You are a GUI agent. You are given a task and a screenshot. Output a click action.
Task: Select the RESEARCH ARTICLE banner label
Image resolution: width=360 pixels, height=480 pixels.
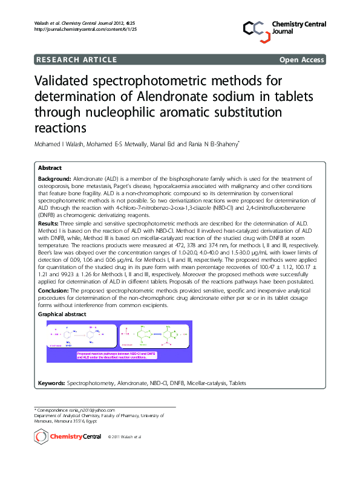point(77,59)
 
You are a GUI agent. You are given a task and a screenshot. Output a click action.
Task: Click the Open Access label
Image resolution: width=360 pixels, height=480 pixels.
point(301,59)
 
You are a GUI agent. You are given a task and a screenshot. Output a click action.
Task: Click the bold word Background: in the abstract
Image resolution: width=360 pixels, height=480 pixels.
point(54,180)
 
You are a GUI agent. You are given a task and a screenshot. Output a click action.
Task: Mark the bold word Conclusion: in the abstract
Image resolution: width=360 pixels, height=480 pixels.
point(53,291)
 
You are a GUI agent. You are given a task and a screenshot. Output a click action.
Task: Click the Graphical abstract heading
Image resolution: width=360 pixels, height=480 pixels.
point(62,314)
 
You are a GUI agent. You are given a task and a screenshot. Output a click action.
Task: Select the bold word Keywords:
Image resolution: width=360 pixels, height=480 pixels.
point(51,383)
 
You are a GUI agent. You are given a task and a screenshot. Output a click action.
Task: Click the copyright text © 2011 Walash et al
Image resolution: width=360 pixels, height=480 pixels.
point(124,436)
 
